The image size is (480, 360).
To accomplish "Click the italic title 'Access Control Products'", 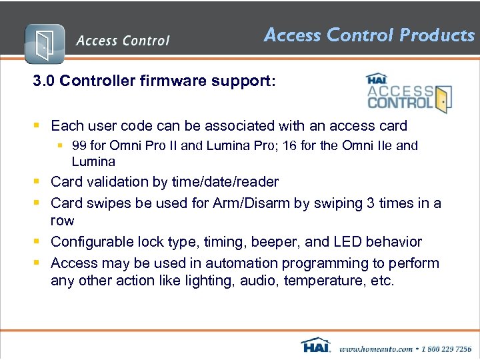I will [x=369, y=35].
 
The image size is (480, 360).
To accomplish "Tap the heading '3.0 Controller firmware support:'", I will [x=153, y=81].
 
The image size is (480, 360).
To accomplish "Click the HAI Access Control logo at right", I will [x=408, y=93].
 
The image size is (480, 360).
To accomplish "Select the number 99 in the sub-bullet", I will [x=79, y=145].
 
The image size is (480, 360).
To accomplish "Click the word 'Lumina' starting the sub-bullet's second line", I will [x=93, y=161].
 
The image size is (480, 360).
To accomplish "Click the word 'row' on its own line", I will [x=63, y=221].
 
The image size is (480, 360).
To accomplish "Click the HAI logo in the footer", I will [x=316, y=346].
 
